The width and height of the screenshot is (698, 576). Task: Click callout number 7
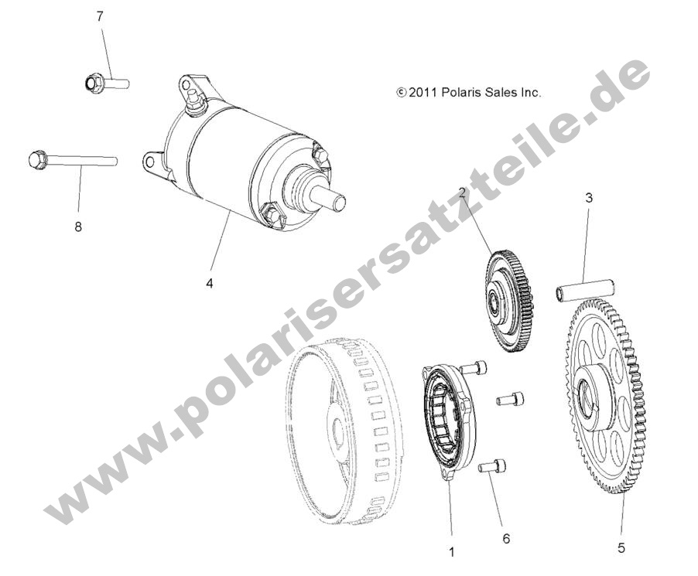point(100,15)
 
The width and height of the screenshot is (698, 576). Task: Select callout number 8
point(77,227)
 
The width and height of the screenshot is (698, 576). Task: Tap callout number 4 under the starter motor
point(210,284)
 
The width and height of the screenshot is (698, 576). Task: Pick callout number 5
point(621,548)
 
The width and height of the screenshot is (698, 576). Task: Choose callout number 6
point(506,537)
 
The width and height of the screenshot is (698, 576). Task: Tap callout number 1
point(452,552)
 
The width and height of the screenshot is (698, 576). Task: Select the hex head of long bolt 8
point(37,160)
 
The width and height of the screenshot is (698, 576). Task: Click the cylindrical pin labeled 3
point(584,289)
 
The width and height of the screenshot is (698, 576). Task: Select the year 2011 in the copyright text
point(423,92)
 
